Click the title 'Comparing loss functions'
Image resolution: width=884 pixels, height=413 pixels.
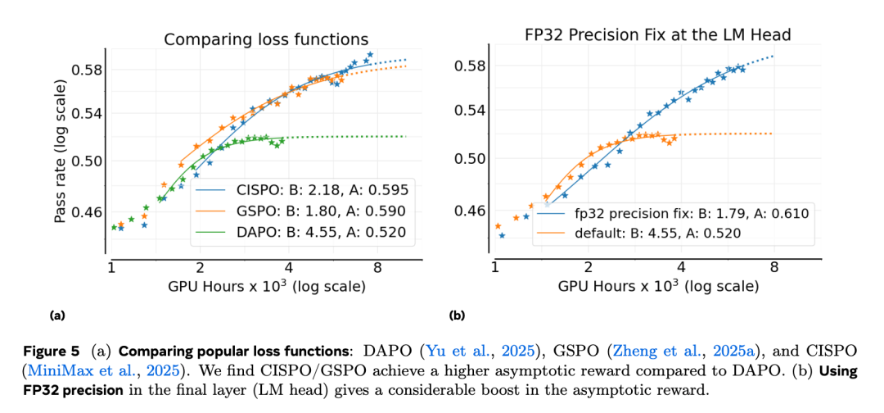[266, 39]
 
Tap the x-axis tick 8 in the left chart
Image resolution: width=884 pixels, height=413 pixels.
[378, 267]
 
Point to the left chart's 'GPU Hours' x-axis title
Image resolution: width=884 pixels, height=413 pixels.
[266, 287]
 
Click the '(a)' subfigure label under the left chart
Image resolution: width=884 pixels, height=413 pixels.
[57, 315]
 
